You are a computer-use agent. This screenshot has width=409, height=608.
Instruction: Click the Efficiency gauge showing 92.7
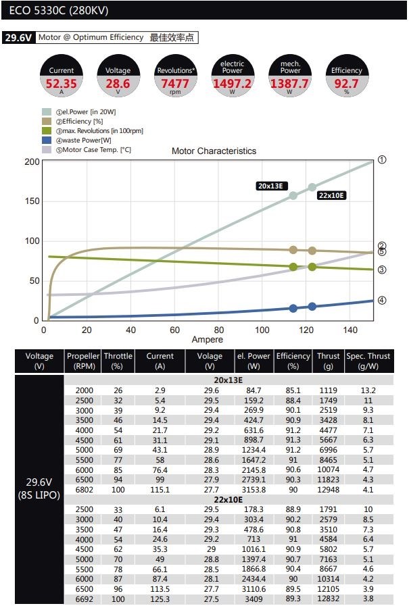pos(346,76)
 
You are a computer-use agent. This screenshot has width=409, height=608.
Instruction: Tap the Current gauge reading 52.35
pos(62,76)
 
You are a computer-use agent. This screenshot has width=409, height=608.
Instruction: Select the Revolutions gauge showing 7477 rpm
pos(175,76)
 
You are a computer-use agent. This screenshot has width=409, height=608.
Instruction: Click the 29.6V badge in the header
pos(18,38)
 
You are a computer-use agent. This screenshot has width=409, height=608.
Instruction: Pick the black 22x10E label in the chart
pos(331,195)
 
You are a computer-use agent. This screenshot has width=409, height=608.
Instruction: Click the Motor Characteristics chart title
pos(214,151)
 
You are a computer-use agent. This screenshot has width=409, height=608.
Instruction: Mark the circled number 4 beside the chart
pos(382,300)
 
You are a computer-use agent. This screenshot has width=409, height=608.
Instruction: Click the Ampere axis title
pos(207,339)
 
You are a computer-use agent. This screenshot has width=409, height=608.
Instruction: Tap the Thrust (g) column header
pos(328,361)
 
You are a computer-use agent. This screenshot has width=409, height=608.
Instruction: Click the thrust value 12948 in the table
pos(328,489)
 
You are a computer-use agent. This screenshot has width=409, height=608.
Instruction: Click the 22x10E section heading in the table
pos(228,499)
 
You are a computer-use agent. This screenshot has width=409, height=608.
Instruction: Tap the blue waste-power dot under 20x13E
pos(293,308)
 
